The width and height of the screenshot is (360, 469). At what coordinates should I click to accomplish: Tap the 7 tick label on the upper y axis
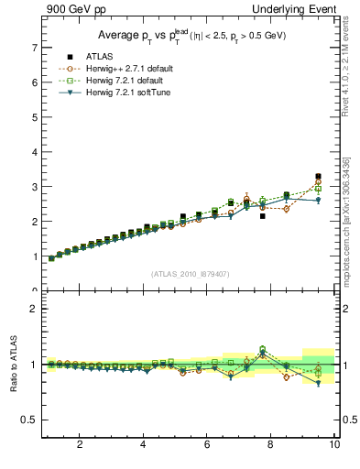[x=34, y=47]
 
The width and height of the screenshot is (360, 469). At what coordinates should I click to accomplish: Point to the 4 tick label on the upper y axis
[x=34, y=151]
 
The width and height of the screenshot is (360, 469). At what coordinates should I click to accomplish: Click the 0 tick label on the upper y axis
[x=34, y=290]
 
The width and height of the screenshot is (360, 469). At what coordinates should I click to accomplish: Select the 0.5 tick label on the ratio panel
[x=29, y=420]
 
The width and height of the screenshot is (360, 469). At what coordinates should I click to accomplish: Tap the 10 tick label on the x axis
[x=334, y=445]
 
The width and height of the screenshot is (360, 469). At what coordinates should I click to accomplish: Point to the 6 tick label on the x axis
[x=207, y=445]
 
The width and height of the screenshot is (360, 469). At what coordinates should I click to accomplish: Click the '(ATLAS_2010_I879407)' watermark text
[x=189, y=273]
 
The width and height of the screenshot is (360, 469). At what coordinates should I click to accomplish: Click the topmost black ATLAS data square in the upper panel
[x=318, y=176]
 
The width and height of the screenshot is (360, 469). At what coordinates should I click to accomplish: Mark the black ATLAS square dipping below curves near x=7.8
[x=263, y=216]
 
